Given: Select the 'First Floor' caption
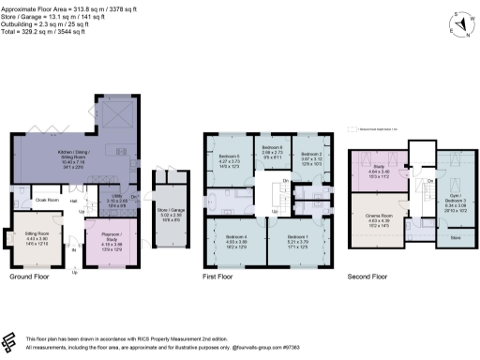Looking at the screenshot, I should tap(221, 277).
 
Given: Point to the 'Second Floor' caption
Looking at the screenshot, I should tap(367, 277).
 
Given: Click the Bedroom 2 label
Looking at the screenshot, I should tap(311, 155).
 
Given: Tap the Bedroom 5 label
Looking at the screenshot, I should tap(230, 156).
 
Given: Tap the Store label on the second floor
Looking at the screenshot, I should tap(456, 237).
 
